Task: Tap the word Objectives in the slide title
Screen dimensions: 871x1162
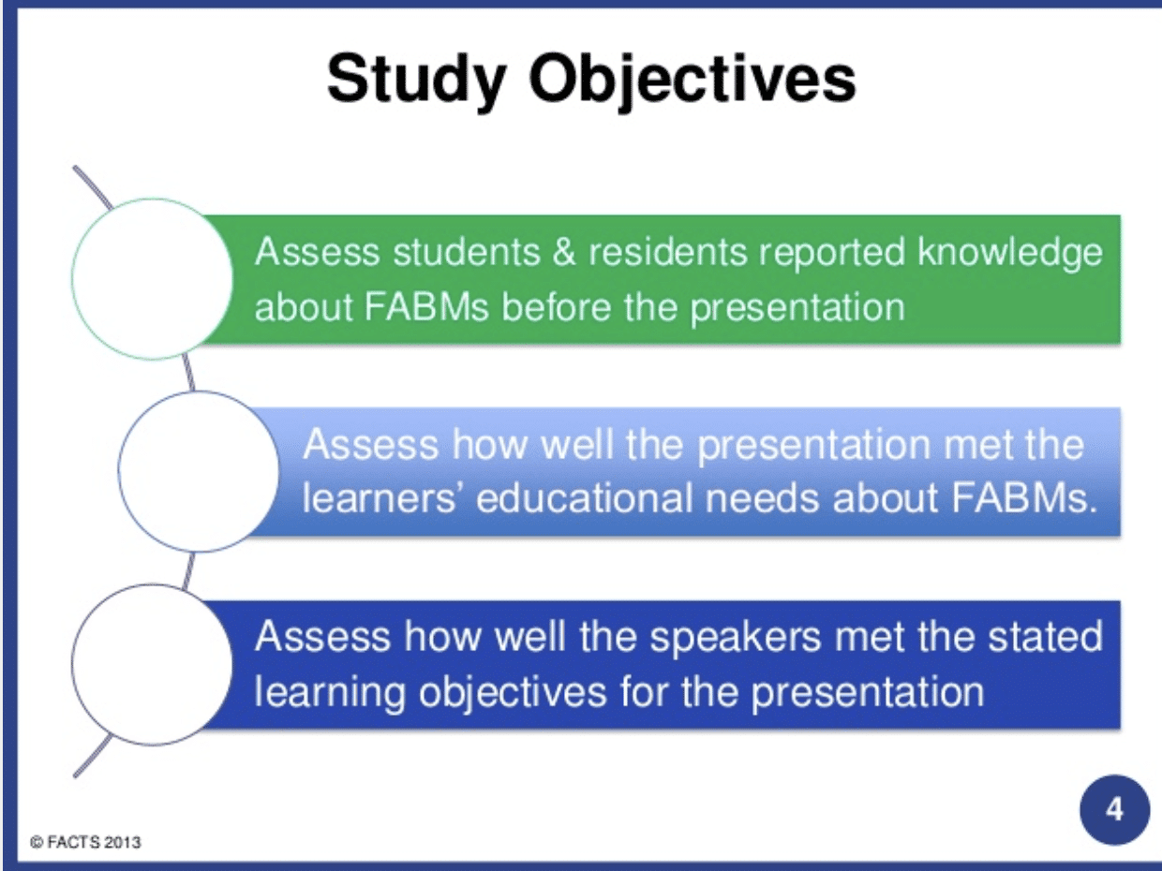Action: [693, 79]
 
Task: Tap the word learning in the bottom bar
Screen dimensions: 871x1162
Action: [331, 692]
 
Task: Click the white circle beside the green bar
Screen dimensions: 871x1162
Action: [153, 279]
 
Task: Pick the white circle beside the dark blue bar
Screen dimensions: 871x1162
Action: [153, 664]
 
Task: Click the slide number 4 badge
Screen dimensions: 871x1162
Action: [1113, 809]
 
